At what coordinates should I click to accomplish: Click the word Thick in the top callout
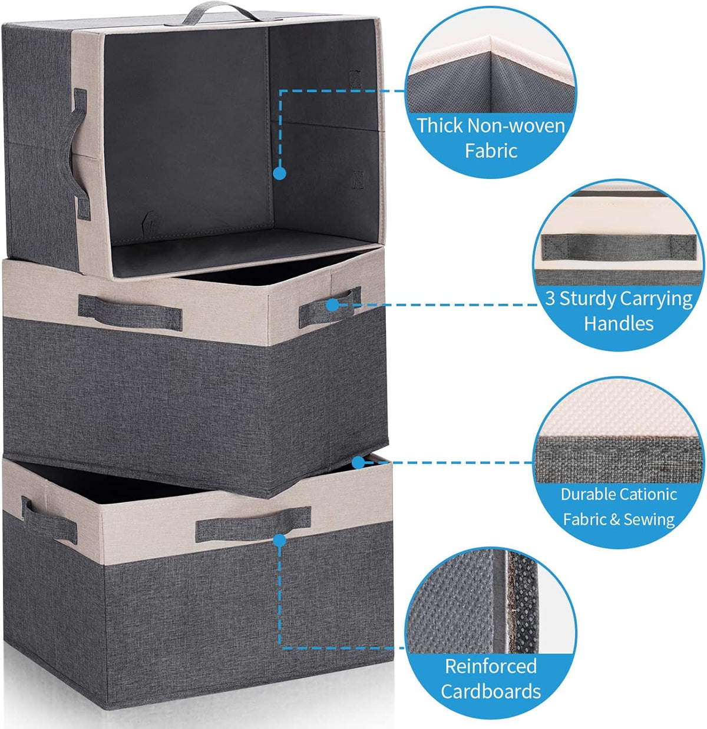(440, 125)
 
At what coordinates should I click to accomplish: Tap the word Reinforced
(491, 666)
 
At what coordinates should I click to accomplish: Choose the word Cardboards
(491, 691)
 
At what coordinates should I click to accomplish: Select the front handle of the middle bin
(130, 313)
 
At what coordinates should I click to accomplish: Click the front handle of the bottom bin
(253, 524)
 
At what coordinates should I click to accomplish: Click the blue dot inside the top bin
(280, 174)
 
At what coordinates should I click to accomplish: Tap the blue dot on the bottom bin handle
(279, 540)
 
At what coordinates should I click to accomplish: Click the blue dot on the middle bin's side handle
(332, 305)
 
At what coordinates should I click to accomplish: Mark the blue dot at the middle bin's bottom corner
(358, 463)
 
